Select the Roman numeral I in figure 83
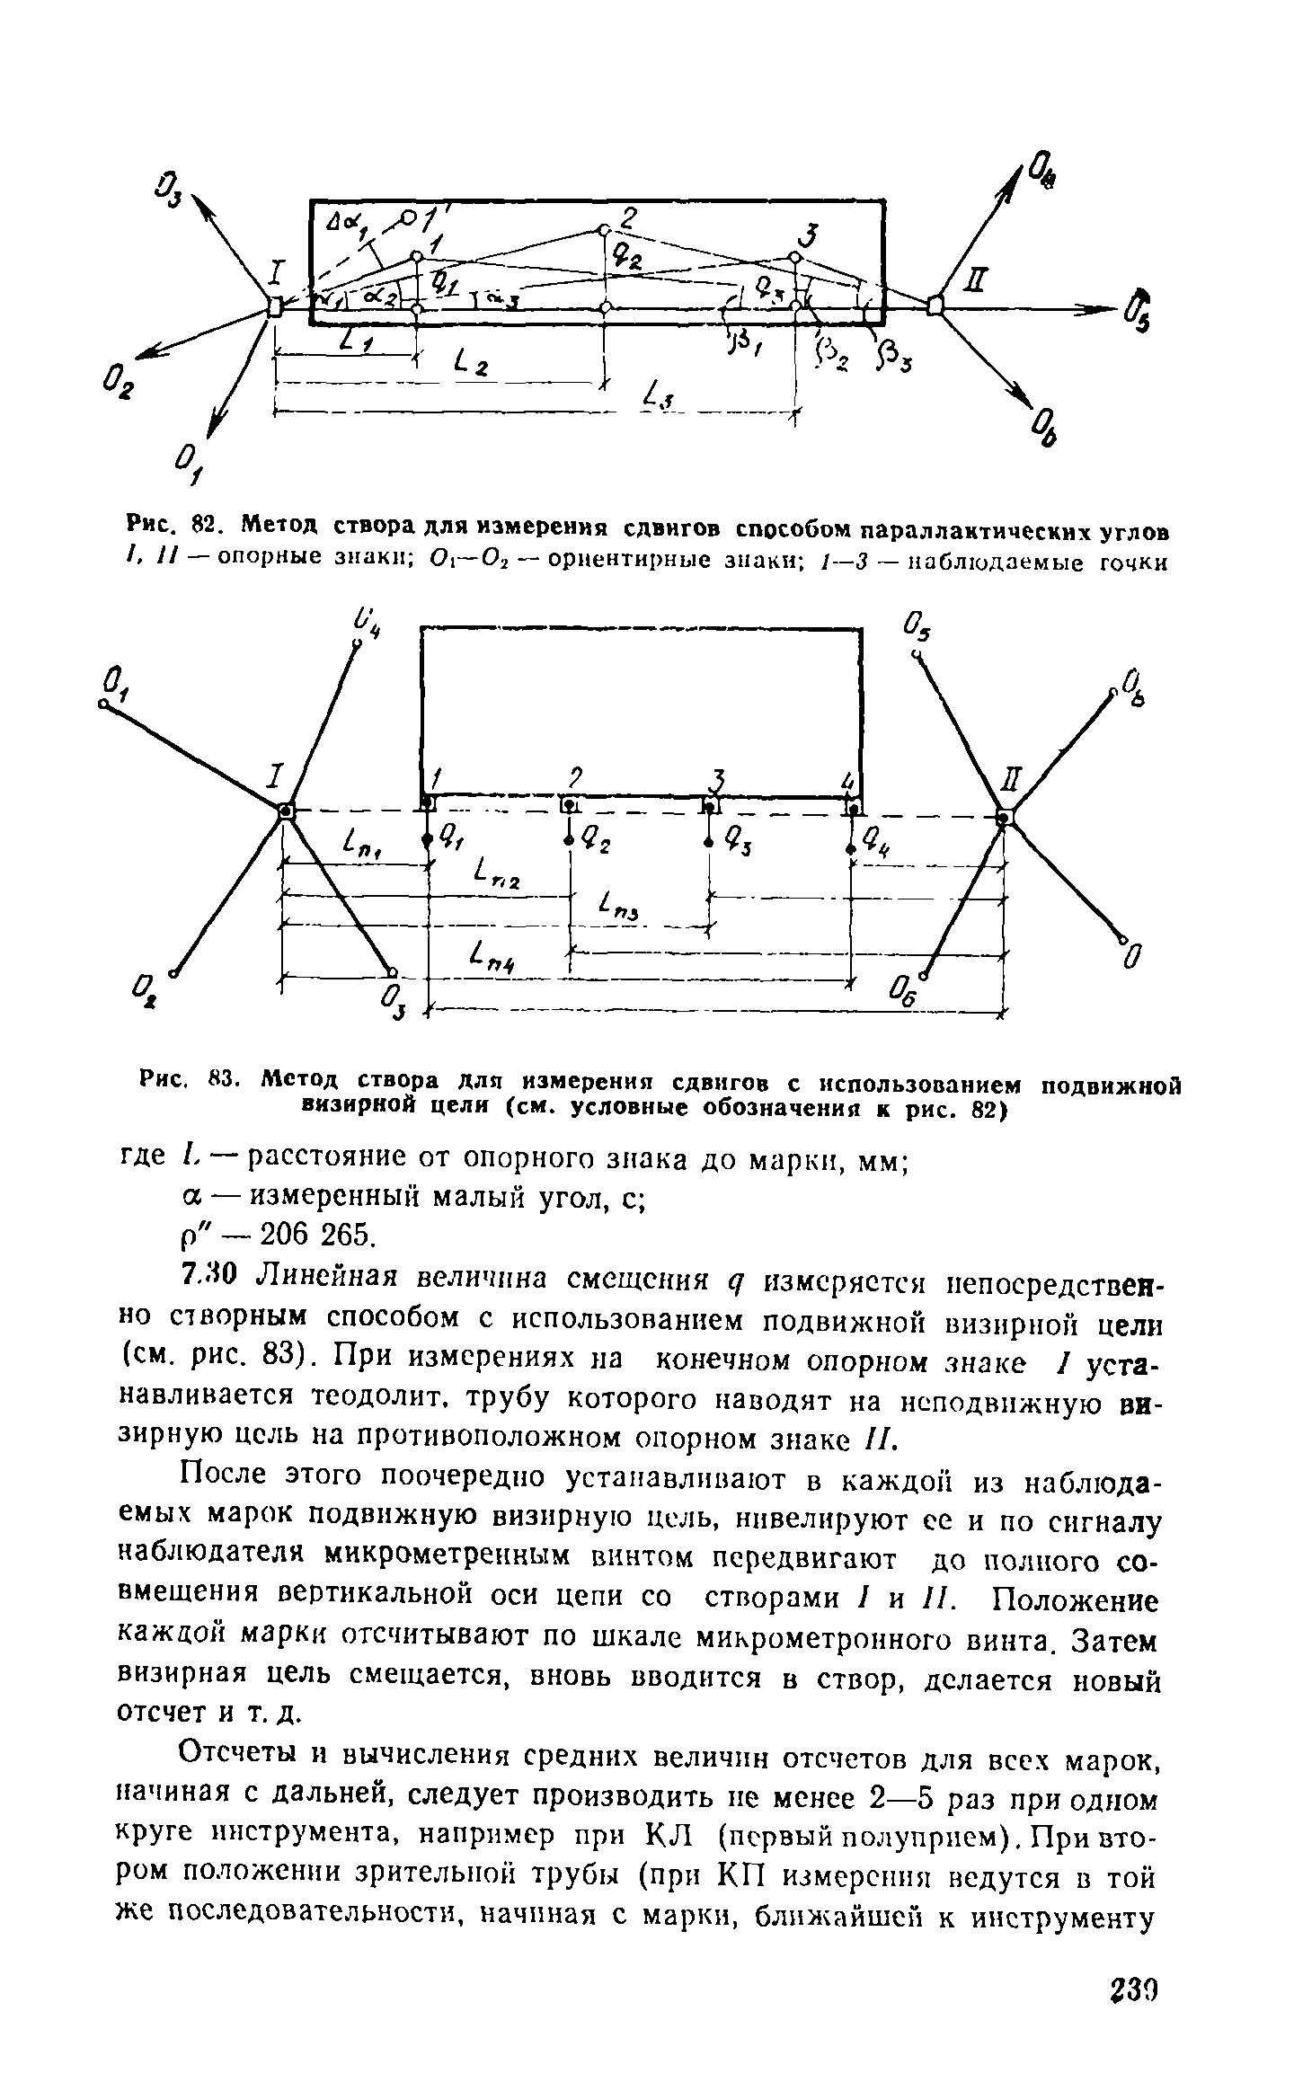278,774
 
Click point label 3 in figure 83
716,778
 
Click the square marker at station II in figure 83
1005,815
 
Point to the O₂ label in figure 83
146,990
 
